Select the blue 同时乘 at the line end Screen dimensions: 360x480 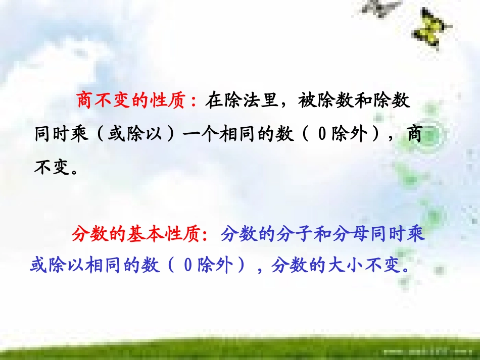click(399, 234)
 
